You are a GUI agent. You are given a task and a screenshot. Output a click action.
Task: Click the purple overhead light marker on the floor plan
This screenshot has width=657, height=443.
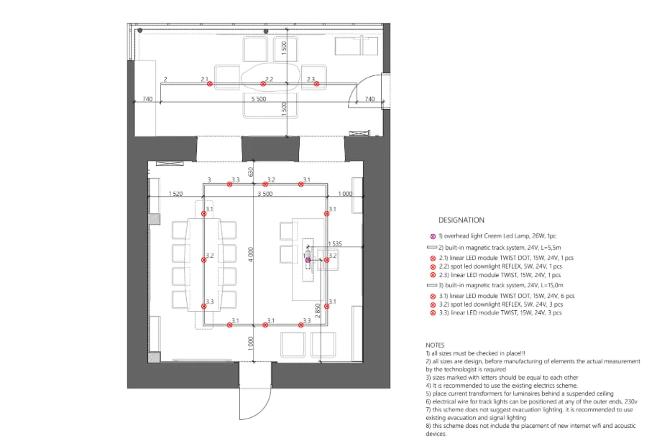pyautogui.click(x=308, y=260)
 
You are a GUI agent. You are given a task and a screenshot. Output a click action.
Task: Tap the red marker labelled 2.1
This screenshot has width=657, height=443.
pyautogui.click(x=210, y=84)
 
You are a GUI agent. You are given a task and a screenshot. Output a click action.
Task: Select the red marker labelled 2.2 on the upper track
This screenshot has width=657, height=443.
pyautogui.click(x=263, y=84)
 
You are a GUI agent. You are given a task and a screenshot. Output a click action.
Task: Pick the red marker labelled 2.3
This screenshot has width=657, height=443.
pyautogui.click(x=317, y=84)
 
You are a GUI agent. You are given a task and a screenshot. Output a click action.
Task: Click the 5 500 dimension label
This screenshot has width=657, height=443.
pyautogui.click(x=259, y=99)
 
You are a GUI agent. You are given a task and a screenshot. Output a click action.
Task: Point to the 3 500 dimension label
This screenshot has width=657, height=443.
pyautogui.click(x=265, y=194)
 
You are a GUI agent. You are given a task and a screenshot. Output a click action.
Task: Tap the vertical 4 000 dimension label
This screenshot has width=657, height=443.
pyautogui.click(x=251, y=255)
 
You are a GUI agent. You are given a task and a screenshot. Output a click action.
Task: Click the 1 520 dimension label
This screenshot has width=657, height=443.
pyautogui.click(x=175, y=194)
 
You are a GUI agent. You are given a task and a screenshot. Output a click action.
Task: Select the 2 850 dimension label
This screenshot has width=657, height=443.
pyautogui.click(x=318, y=311)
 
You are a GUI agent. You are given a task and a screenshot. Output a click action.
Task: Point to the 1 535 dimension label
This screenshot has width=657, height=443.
pyautogui.click(x=335, y=243)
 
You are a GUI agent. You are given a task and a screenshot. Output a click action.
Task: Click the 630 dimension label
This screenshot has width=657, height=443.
pyautogui.click(x=251, y=172)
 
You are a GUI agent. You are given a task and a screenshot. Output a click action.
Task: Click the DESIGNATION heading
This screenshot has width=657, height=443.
pyautogui.click(x=461, y=220)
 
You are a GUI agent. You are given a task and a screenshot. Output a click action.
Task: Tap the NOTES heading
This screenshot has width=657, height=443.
pyautogui.click(x=435, y=345)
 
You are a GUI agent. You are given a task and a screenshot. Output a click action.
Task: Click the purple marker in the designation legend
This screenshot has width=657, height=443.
pyautogui.click(x=433, y=236)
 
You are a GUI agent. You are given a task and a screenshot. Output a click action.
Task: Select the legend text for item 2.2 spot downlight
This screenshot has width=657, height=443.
pyautogui.click(x=500, y=266)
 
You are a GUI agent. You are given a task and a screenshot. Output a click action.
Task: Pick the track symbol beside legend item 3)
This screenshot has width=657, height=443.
pyautogui.click(x=431, y=286)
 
